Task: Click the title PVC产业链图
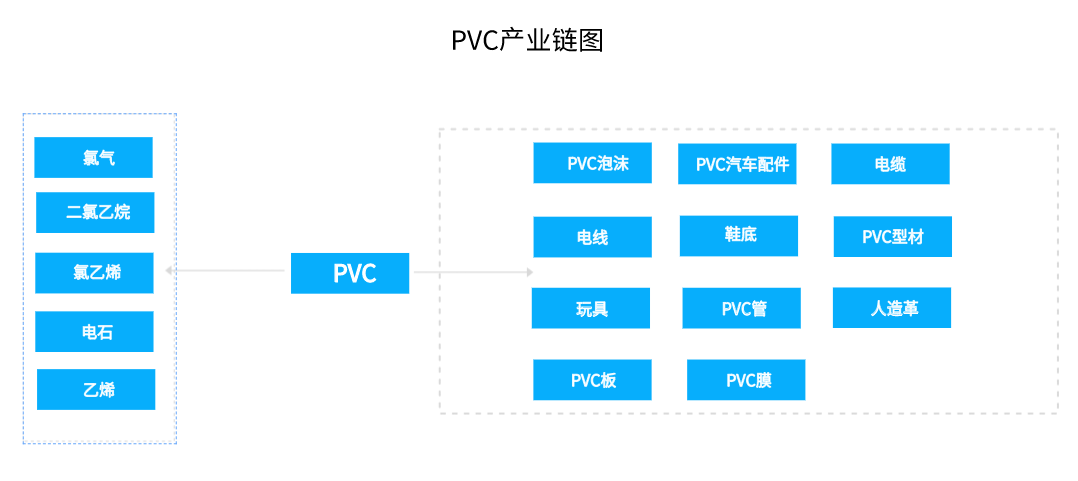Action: pyautogui.click(x=527, y=41)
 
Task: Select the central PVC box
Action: pyautogui.click(x=350, y=273)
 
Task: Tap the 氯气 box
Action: pyautogui.click(x=93, y=158)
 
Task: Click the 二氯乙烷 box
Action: pyautogui.click(x=95, y=212)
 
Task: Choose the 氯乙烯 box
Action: pyautogui.click(x=94, y=272)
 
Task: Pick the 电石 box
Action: pyautogui.click(x=94, y=332)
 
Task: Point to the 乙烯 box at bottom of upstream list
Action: pyautogui.click(x=96, y=389)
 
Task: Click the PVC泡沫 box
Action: pyautogui.click(x=592, y=163)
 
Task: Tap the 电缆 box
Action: pyautogui.click(x=890, y=164)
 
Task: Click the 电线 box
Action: pyautogui.click(x=592, y=237)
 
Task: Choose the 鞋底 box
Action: pyautogui.click(x=739, y=235)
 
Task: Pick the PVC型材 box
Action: pyautogui.click(x=892, y=237)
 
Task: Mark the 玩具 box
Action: pyautogui.click(x=591, y=308)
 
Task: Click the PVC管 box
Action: pyautogui.click(x=741, y=308)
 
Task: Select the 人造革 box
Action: pyautogui.click(x=892, y=308)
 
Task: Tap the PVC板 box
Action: pyautogui.click(x=592, y=380)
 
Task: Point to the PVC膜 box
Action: pyautogui.click(x=746, y=380)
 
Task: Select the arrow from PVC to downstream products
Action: pyautogui.click(x=473, y=272)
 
